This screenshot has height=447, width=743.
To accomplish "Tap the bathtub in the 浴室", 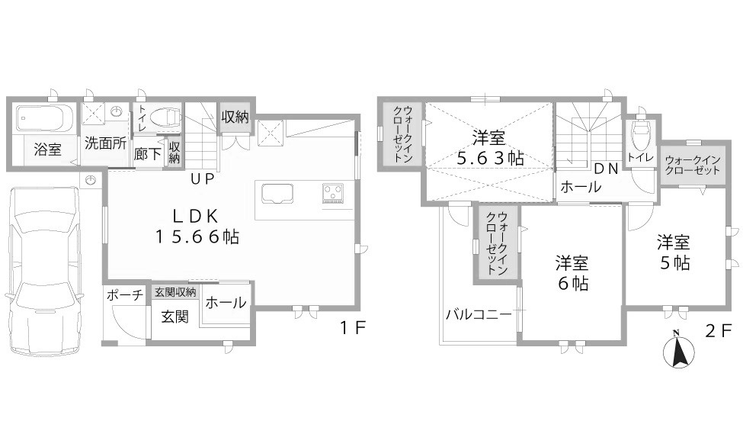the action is pos(44,118).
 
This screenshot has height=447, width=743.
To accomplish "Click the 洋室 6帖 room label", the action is pos(572,273).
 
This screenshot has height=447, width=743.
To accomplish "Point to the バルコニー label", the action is pos(479,314).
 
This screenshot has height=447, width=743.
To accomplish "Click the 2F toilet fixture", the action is pos(641,127).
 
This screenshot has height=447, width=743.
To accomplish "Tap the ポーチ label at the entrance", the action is pos(124,294).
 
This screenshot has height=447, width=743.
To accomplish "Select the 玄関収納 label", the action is pos(175,292).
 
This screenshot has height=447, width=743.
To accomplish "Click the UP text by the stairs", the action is pos(203,179).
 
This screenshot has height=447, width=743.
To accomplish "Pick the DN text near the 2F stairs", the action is pos(607,169).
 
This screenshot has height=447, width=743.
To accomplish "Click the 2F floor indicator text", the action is pos(719,330).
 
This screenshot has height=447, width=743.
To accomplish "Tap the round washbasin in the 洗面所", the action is pos(116,112).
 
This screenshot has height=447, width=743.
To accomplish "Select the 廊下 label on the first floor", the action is pos(147,154).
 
